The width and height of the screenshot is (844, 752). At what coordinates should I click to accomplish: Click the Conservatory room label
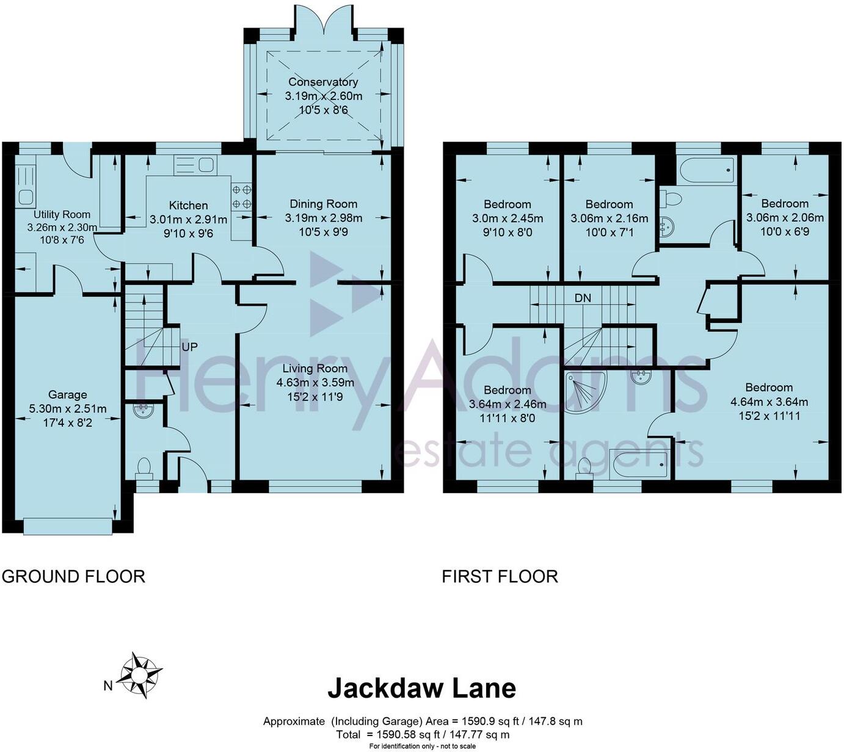(x=323, y=82)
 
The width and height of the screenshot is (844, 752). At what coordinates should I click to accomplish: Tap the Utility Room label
(x=62, y=214)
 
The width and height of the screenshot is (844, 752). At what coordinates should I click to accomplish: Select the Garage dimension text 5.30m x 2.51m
(x=68, y=408)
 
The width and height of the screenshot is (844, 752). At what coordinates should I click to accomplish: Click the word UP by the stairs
(x=189, y=347)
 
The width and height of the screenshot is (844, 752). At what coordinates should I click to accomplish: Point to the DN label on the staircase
(x=583, y=298)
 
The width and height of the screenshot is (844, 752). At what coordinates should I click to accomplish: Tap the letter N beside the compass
(x=107, y=686)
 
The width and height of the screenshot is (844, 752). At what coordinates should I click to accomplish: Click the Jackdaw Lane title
(x=421, y=688)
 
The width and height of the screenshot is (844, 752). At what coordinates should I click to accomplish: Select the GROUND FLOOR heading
(x=73, y=576)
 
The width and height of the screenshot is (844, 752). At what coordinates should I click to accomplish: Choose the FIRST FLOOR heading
(x=500, y=576)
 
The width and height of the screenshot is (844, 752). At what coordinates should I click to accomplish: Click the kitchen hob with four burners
(x=242, y=196)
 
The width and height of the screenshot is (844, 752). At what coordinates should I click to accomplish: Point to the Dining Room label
(x=323, y=204)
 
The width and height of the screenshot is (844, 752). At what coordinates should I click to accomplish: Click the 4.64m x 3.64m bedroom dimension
(x=769, y=402)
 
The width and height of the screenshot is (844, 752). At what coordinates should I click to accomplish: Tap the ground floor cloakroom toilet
(x=144, y=467)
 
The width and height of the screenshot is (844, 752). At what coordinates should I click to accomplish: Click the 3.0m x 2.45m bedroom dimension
(x=507, y=219)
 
